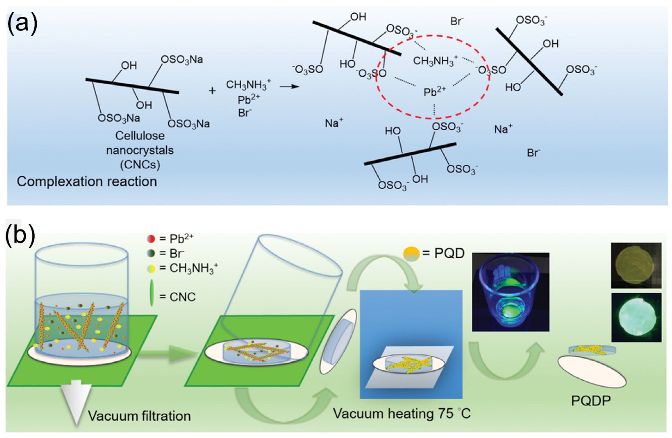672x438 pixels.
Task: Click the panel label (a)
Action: [22, 25]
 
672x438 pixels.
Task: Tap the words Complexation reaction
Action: [87, 182]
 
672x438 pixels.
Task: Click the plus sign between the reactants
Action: [212, 91]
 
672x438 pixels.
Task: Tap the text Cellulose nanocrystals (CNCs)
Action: [140, 150]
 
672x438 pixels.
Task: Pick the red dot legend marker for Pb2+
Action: [151, 239]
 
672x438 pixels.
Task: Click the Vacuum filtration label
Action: [139, 416]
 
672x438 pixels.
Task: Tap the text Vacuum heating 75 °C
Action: [402, 414]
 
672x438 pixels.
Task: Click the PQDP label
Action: [591, 401]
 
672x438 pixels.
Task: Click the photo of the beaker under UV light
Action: [511, 292]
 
